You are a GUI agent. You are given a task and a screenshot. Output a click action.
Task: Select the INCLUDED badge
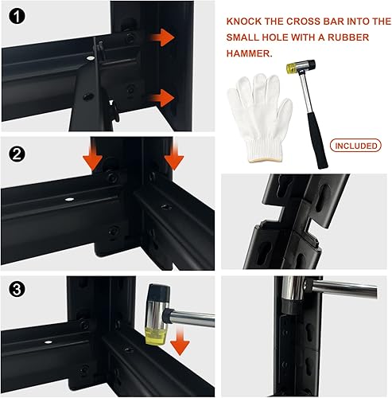click(357, 146)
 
